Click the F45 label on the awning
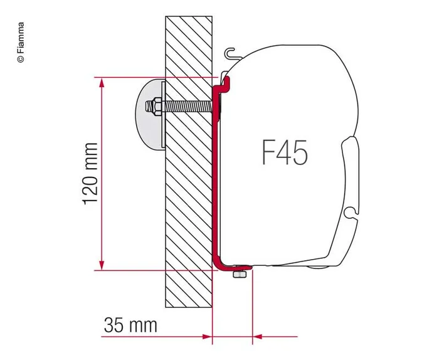tap(284, 153)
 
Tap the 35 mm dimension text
tap(130, 326)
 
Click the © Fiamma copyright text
tap(20, 42)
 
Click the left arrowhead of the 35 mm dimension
tap(206, 337)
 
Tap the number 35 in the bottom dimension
tap(115, 326)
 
